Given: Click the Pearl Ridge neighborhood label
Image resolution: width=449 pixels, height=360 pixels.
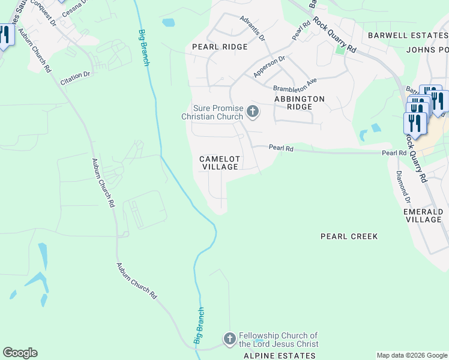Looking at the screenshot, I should [220, 47].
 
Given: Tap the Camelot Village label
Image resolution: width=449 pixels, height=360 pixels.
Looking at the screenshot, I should [220, 163].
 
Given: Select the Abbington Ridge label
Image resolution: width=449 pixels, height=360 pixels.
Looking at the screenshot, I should [299, 103].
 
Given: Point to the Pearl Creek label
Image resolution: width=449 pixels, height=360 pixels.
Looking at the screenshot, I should [349, 236].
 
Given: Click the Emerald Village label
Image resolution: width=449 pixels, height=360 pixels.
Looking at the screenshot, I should [423, 216].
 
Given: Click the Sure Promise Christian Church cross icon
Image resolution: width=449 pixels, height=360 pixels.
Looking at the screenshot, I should [253, 111].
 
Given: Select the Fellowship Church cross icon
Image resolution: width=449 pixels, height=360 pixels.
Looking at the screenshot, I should [229, 339].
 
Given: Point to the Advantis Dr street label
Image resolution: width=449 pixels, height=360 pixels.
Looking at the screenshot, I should [253, 28].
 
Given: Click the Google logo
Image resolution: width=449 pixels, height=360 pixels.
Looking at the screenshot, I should [20, 353].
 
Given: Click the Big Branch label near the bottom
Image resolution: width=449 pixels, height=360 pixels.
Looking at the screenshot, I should [199, 326].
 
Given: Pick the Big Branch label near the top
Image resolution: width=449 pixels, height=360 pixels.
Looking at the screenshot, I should [143, 47].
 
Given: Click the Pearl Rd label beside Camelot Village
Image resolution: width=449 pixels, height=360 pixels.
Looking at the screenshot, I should [280, 147].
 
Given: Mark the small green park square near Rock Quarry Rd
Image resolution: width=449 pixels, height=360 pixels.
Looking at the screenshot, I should [340, 49].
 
